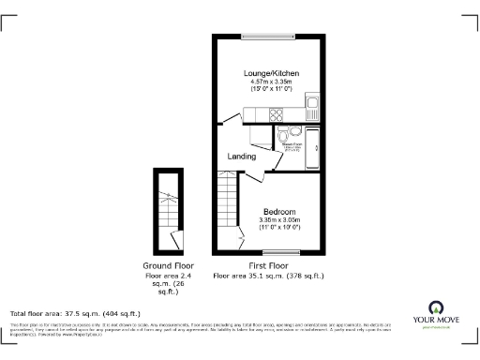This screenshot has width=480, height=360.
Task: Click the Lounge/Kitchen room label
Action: click(273, 71)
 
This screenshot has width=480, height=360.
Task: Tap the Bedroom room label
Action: click(279, 210)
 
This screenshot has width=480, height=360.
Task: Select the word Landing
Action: click(242, 157)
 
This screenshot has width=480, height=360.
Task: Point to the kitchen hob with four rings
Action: click(277, 115)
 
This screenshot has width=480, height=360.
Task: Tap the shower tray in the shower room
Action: click(315, 143)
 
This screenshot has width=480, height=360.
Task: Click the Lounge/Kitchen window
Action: click(271, 37)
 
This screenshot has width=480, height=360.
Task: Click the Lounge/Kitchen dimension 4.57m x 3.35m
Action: click(273, 82)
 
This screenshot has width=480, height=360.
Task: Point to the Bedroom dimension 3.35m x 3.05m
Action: click(279, 221)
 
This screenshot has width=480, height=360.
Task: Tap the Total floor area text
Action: click(75, 313)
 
